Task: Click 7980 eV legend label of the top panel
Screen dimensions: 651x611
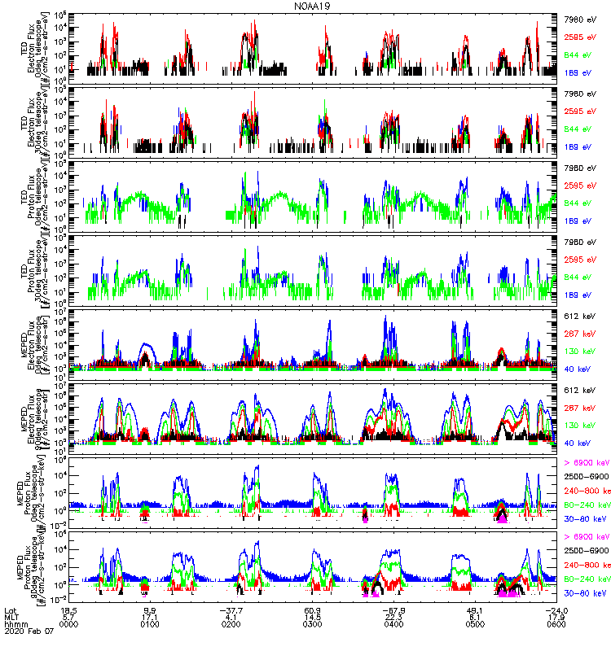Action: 580,19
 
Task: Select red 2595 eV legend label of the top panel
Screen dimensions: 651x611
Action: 580,37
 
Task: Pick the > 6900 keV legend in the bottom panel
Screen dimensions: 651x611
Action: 584,537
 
